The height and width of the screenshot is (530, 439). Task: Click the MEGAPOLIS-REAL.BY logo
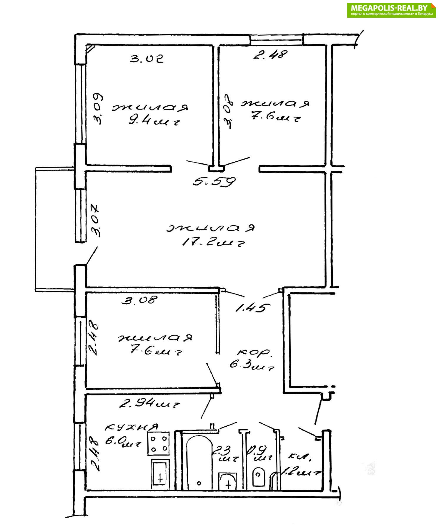pyautogui.click(x=391, y=10)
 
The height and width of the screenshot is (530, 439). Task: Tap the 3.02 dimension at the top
pyautogui.click(x=147, y=59)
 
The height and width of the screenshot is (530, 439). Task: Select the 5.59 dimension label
pyautogui.click(x=214, y=181)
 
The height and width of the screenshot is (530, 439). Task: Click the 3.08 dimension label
pyautogui.click(x=139, y=300)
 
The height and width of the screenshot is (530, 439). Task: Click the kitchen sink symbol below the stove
pyautogui.click(x=160, y=474)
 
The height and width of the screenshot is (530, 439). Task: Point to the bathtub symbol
pyautogui.click(x=199, y=462)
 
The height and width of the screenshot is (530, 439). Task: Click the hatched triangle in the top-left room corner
pyautogui.click(x=90, y=48)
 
